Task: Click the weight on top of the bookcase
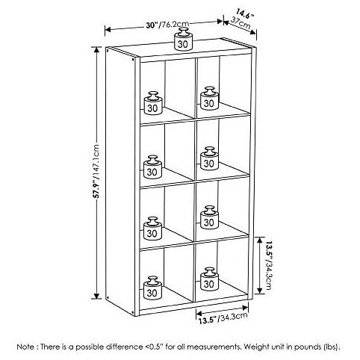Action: pos(183,39)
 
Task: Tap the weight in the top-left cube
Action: pos(153,103)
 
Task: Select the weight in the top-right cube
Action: pos(209,98)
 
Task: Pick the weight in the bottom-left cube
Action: pos(152,288)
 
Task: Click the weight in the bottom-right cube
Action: pos(209,279)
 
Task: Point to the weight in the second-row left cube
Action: pos(152,167)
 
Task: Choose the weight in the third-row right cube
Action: pos(209,217)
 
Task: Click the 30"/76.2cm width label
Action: pos(167,25)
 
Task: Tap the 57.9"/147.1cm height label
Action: pos(96,171)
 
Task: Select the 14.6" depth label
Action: pos(245,14)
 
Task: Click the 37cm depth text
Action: pos(240,23)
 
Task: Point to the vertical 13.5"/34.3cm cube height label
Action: pos(268,265)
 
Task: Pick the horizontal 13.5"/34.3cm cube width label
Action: pos(223,318)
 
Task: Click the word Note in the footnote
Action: pos(25,347)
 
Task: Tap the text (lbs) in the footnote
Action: pos(332,347)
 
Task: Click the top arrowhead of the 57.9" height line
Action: pos(96,49)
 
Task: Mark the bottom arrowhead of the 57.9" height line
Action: pos(96,296)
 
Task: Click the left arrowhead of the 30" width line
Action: pos(108,30)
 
